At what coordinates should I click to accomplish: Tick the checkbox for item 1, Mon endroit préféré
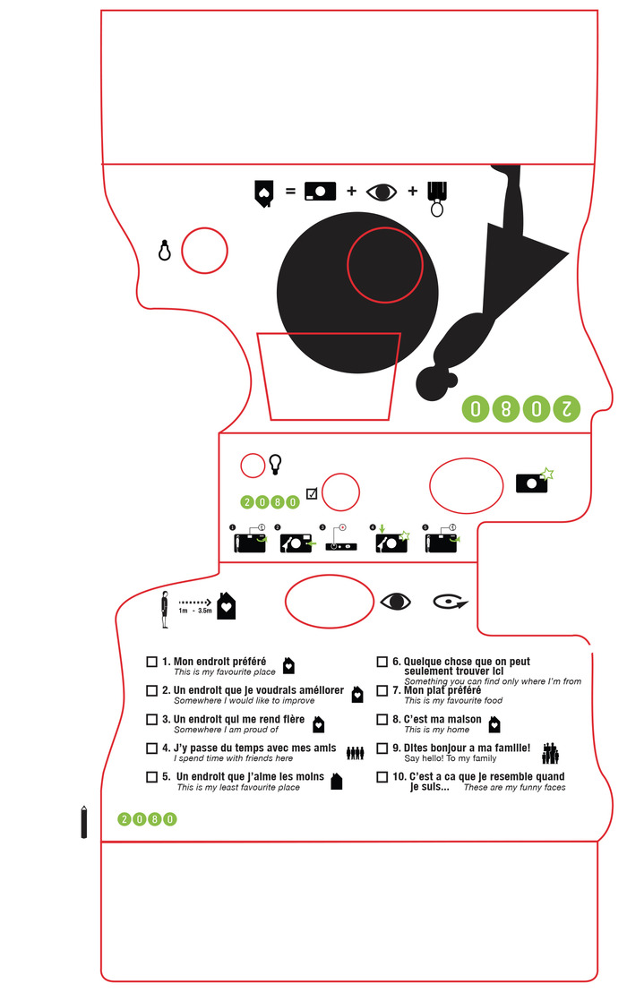[151, 663]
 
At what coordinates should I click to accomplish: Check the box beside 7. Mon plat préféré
[382, 691]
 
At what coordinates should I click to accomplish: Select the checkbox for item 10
[382, 777]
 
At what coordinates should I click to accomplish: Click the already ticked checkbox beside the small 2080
[312, 492]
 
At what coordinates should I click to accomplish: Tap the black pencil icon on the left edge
[84, 821]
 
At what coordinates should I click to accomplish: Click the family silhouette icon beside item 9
[551, 753]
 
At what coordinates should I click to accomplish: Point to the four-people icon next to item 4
[356, 753]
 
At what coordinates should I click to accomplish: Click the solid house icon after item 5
[337, 782]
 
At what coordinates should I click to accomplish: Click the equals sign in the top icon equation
[289, 192]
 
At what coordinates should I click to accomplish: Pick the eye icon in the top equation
[383, 192]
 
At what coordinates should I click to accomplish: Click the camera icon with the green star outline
[534, 481]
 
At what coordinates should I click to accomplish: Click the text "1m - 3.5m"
[195, 611]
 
